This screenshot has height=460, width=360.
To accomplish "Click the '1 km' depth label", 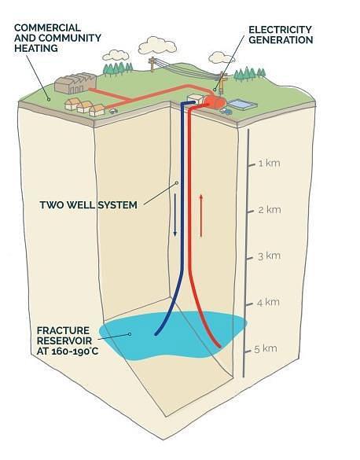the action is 269,163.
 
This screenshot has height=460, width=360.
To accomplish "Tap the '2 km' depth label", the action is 270,209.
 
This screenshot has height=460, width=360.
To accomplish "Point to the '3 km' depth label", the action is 269,256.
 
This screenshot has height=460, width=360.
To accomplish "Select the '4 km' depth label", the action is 268,302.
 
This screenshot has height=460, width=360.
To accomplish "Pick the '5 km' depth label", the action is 266,348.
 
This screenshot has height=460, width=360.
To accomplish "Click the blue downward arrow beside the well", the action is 175,215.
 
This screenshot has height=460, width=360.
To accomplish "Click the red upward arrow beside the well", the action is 201,215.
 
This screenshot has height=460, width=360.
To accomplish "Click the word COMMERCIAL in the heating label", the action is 47,28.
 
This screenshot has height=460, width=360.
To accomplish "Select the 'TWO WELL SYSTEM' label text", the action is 88,204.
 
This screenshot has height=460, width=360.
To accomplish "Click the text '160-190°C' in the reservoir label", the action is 75,351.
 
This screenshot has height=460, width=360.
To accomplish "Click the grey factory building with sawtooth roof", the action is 75,83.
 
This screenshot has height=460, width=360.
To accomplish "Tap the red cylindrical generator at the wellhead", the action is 215,101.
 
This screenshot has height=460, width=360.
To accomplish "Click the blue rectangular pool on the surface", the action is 242,105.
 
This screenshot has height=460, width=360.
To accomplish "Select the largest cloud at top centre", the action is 157,46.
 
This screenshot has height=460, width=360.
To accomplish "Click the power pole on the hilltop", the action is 152,64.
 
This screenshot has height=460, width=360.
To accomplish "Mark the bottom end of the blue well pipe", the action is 156,333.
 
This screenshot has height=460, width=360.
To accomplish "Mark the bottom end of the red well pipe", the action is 219,346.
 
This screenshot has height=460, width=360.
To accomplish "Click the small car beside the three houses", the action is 113,111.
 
